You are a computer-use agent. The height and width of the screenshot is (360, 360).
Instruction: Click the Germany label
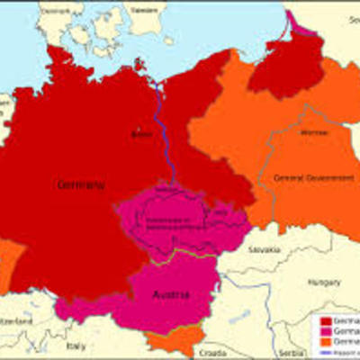click(81, 184)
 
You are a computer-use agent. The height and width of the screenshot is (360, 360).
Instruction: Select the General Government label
click(302, 178)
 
